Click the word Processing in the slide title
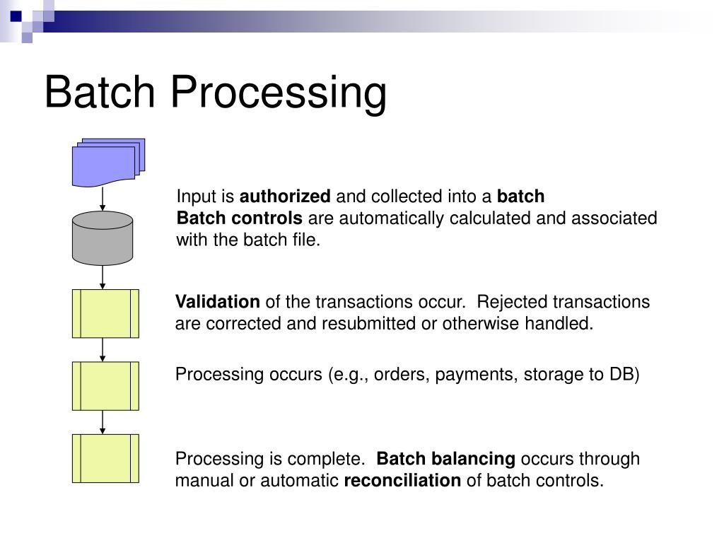tap(279, 94)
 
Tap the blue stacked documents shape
tap(108, 163)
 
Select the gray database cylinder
tap(103, 238)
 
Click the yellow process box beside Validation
tap(106, 313)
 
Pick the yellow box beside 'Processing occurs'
tap(106, 386)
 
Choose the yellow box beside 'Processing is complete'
tap(106, 458)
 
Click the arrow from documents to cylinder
tap(103, 199)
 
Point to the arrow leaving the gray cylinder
tap(103, 277)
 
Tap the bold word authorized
tap(285, 197)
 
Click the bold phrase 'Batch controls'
tap(240, 218)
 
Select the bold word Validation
tap(218, 302)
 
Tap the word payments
tap(477, 375)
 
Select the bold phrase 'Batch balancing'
tap(446, 460)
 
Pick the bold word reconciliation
tap(402, 481)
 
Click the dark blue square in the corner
tap(16, 17)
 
